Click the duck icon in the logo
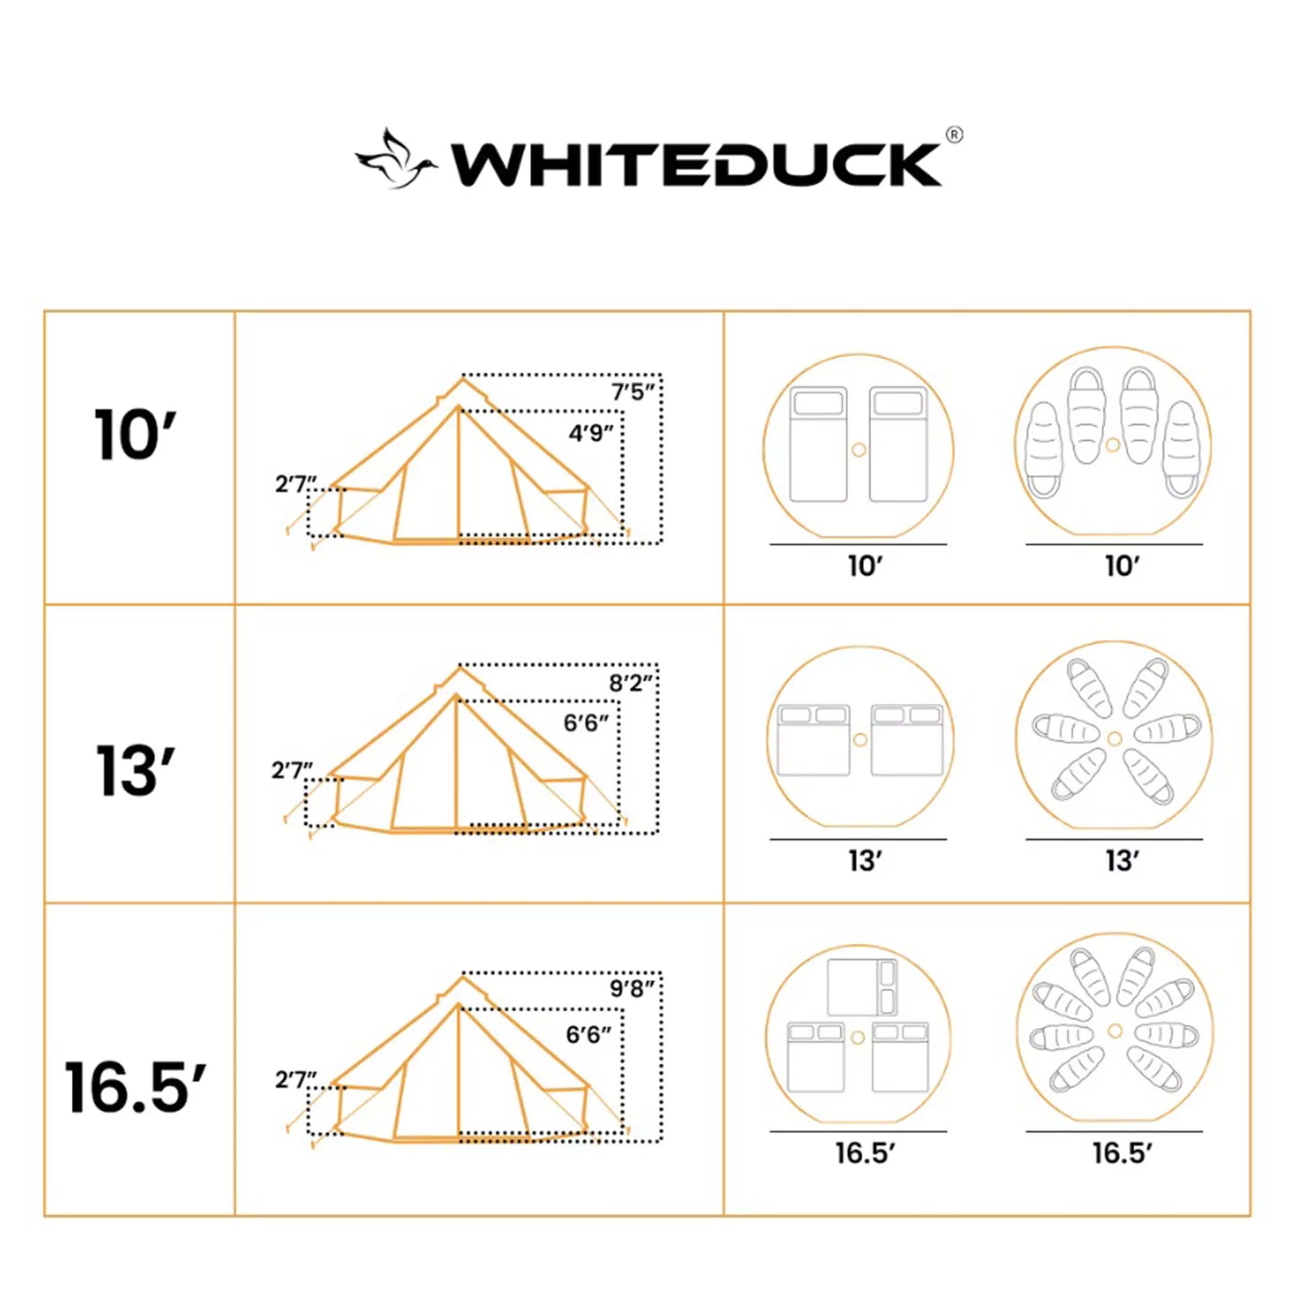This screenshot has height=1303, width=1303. [x=395, y=161]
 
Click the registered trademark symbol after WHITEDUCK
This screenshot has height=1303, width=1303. [x=954, y=135]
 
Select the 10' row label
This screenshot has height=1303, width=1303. [x=135, y=436]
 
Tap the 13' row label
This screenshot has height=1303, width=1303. [x=135, y=772]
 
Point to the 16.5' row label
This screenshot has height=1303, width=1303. [x=135, y=1087]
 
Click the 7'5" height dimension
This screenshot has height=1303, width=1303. [x=633, y=392]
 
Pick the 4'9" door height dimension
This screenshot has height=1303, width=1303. [x=591, y=434]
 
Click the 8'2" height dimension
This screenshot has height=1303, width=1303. [x=631, y=684]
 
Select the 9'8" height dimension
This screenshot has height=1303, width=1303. [x=632, y=989]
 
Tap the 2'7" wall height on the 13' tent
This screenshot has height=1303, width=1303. [x=292, y=771]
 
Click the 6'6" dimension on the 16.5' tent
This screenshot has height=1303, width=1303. [x=588, y=1034]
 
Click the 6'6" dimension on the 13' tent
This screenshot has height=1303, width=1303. [x=586, y=723]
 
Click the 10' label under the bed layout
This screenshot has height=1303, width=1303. [x=865, y=566]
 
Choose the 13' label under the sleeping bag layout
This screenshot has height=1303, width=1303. [x=1122, y=861]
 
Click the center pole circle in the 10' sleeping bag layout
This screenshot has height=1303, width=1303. [x=1113, y=445]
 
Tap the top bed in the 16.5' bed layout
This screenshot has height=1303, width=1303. [x=862, y=987]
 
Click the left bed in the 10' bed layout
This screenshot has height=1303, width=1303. [x=818, y=444]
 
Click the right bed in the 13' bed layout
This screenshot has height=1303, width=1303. [x=907, y=739]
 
